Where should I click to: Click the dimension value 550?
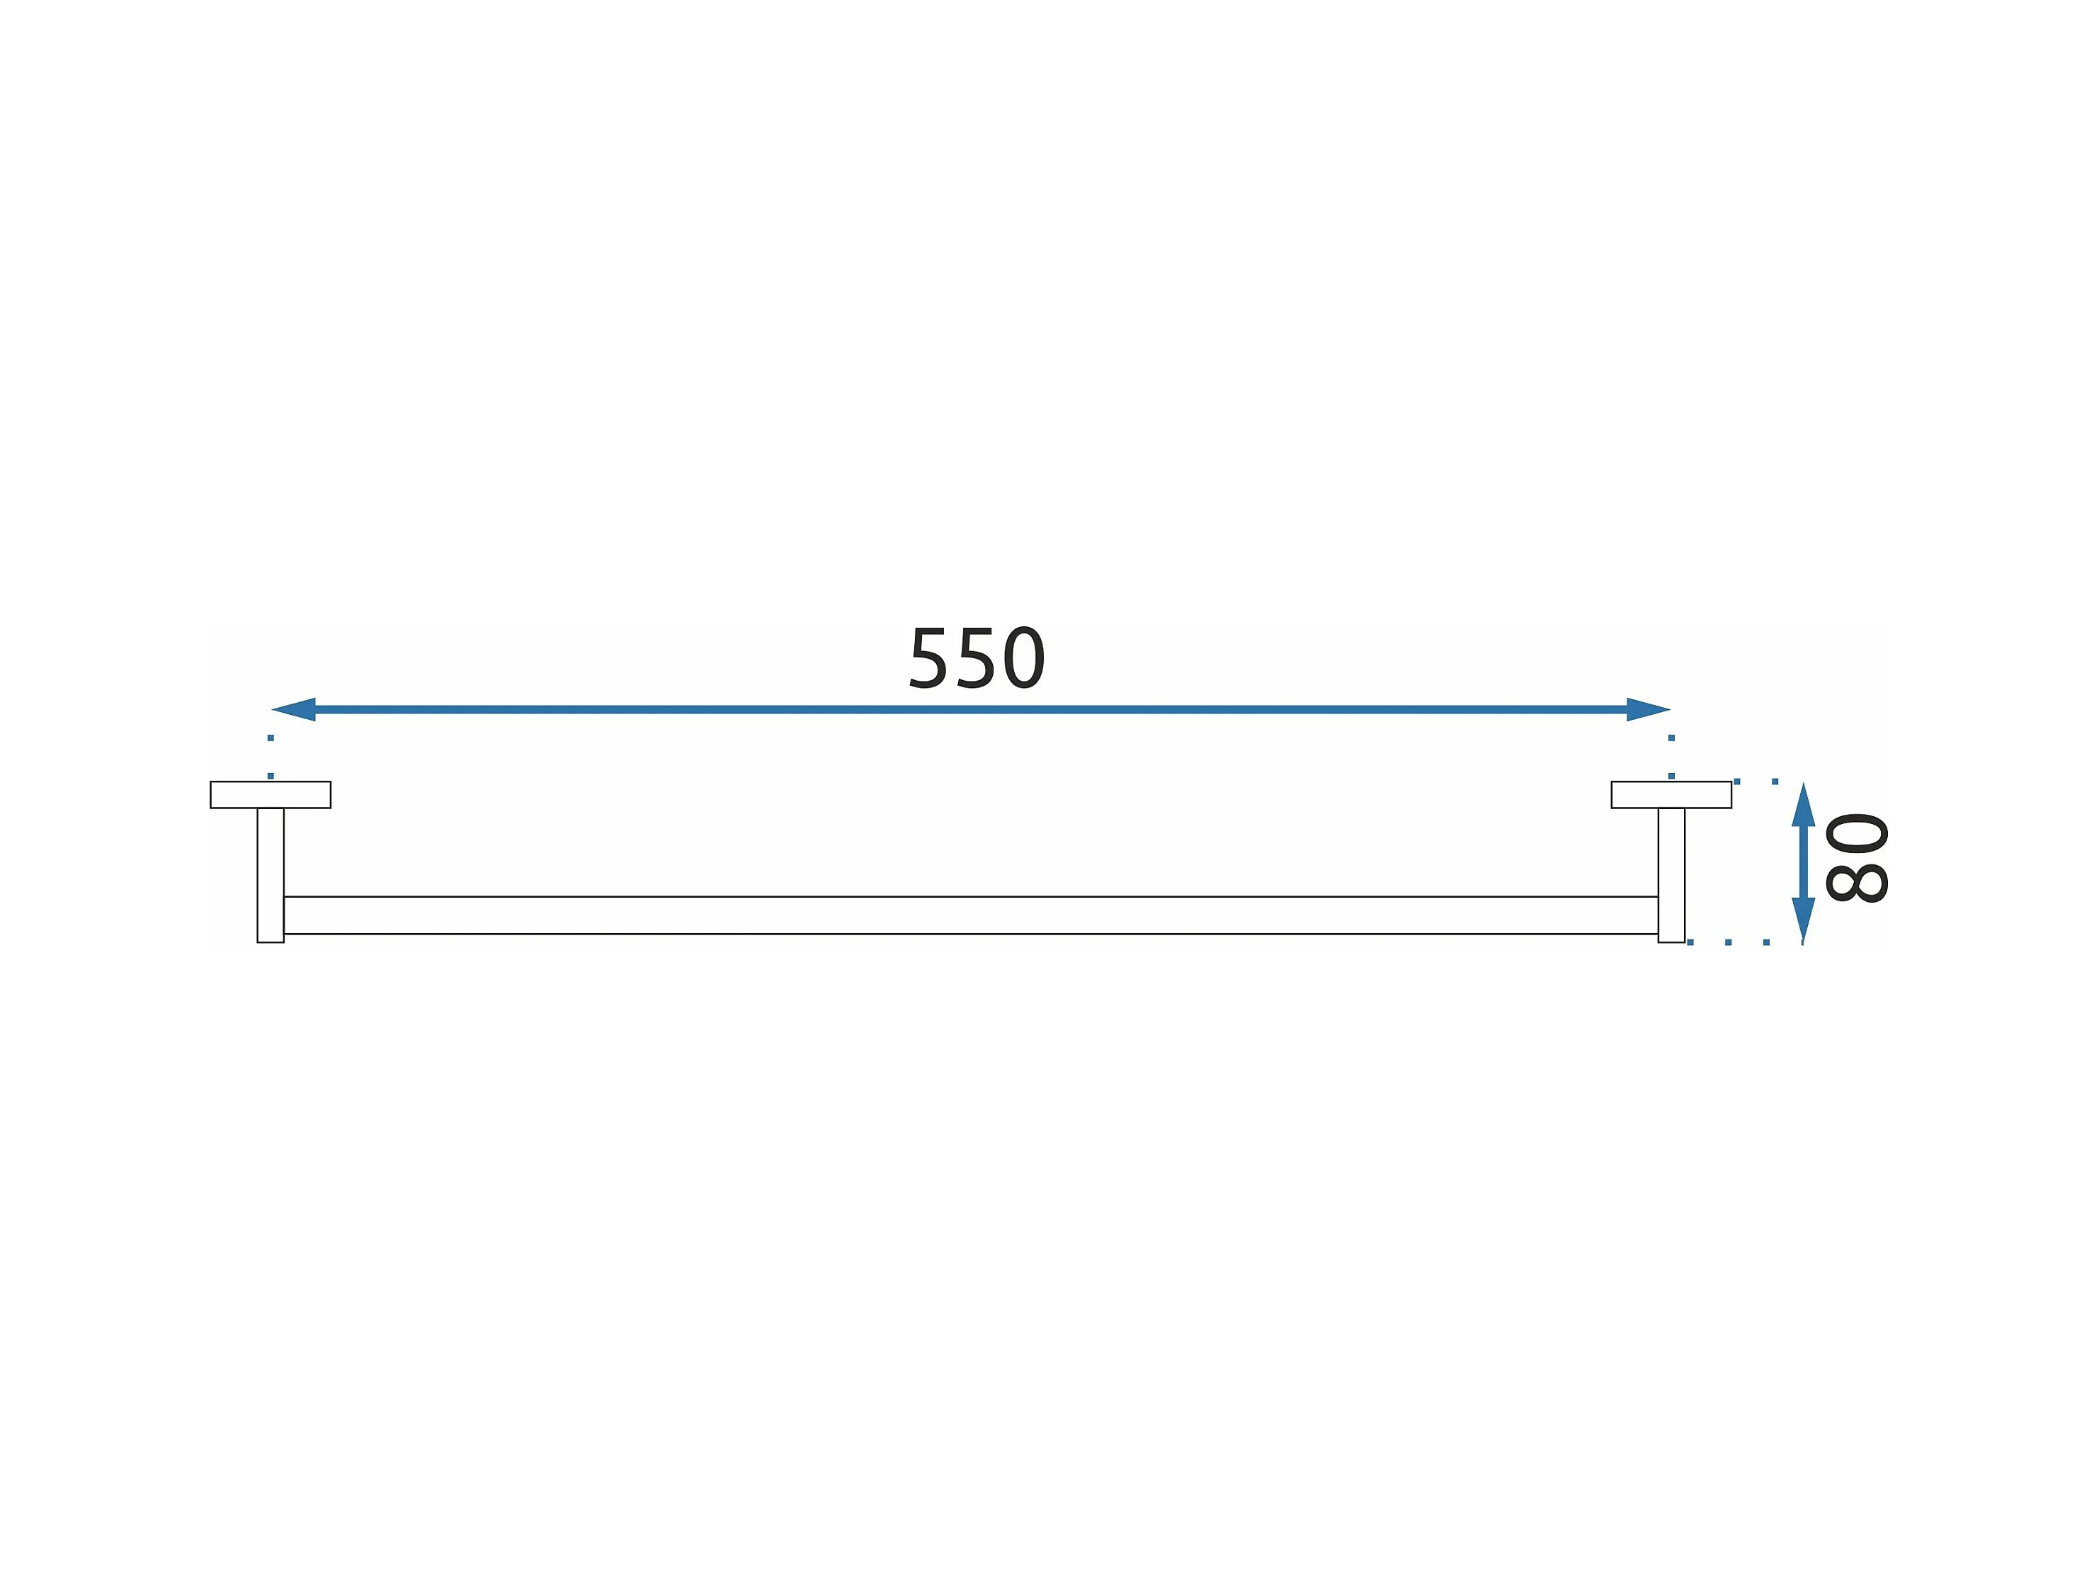point(977,658)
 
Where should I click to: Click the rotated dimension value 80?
point(1857,857)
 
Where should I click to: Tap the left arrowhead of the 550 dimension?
point(294,709)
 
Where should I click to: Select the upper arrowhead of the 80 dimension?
point(1803,805)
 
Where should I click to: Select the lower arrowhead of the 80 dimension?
point(1803,919)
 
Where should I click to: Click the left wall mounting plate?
point(271,795)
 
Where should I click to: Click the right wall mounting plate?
point(1671,795)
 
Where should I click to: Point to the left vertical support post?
point(271,874)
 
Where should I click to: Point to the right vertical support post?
point(1671,874)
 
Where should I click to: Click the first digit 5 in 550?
point(929,658)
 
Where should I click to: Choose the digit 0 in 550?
point(1024,658)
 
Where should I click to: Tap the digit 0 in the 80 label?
point(1857,832)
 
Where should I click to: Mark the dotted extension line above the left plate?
point(271,756)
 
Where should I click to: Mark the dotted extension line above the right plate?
point(1671,756)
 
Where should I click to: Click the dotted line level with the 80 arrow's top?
point(1756,781)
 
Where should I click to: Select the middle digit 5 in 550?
point(977,658)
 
